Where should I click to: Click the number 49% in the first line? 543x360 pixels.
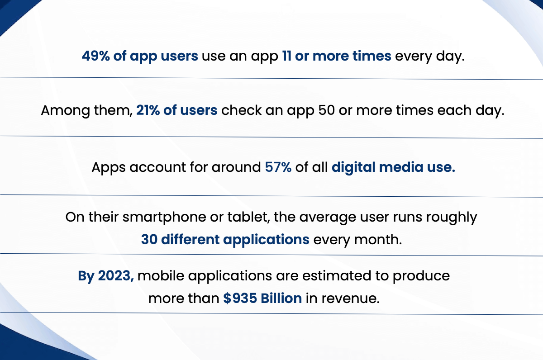pos(95,56)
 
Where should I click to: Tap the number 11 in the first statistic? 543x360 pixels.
pos(286,56)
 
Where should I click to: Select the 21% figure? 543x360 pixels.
pos(148,110)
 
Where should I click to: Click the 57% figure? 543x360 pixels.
pos(278,167)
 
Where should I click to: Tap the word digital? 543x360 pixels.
pos(353,168)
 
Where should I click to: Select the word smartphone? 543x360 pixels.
pos(164,217)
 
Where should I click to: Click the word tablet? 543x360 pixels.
pos(248,217)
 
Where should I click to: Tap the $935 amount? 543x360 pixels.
pos(240,298)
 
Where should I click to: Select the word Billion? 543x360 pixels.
pos(281,298)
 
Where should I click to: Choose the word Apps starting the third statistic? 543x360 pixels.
pos(108,168)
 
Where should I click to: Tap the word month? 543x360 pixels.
pos(378,240)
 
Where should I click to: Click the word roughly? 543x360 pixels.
pos(452,217)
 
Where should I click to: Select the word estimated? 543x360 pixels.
pos(337,276)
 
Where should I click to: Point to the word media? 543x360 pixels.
pos(401,167)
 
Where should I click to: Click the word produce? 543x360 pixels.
pos(421,276)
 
